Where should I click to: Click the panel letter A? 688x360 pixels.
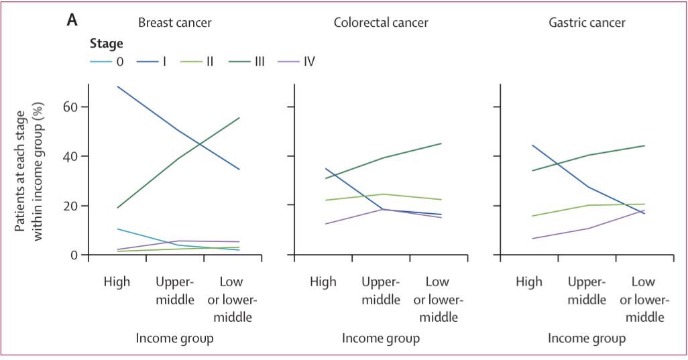click(x=72, y=21)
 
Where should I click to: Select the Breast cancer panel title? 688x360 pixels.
click(x=174, y=23)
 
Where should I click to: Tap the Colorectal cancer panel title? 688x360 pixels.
click(x=381, y=23)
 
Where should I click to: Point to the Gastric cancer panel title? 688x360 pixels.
click(x=587, y=23)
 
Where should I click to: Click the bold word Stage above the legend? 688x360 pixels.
click(x=106, y=44)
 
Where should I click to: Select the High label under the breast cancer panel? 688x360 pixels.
click(x=117, y=282)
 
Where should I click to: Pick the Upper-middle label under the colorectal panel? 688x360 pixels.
click(x=381, y=290)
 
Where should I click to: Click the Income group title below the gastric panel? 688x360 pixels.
click(x=587, y=339)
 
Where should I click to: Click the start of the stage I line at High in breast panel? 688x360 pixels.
click(x=117, y=86)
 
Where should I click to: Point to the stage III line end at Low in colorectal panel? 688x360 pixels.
click(x=441, y=143)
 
